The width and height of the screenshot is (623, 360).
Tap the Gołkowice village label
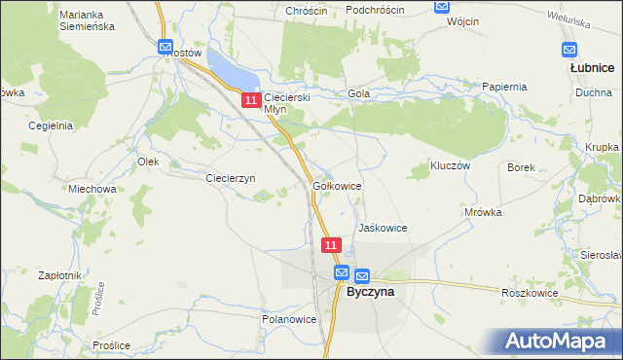[338, 185]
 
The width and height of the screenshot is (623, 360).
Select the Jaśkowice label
[382, 227]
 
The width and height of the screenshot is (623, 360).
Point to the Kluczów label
[451, 166]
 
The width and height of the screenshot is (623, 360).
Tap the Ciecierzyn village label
[230, 178]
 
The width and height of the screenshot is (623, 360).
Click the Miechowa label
[92, 189]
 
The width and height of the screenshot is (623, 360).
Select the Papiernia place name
[504, 86]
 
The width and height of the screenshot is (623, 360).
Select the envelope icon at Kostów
[165, 47]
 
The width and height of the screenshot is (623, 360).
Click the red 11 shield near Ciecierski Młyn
[251, 100]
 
